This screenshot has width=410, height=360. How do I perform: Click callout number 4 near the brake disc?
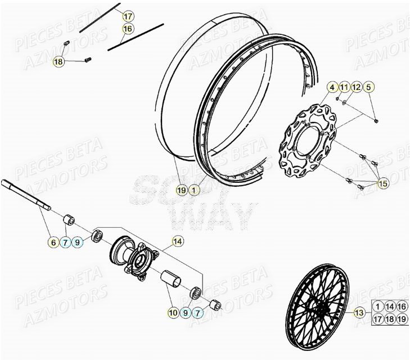tap(332, 87)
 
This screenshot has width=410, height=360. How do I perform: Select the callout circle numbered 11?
tap(344, 87)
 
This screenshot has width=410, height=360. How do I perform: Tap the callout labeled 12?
tap(357, 87)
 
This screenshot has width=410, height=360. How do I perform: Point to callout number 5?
tap(368, 87)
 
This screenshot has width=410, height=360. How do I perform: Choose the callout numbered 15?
tap(383, 183)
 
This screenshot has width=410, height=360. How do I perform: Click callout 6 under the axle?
tap(53, 242)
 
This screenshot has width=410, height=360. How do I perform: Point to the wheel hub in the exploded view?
tap(130, 256)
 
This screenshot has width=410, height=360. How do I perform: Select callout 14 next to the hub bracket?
tap(178, 242)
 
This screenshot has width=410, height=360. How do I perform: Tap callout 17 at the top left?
tap(128, 16)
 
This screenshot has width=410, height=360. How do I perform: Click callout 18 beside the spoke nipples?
tap(58, 62)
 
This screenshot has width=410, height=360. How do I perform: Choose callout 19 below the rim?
tap(181, 190)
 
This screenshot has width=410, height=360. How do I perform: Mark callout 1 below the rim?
tap(193, 190)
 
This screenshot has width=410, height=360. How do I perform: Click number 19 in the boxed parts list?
tap(402, 319)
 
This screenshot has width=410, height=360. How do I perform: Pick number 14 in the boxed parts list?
tap(390, 307)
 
